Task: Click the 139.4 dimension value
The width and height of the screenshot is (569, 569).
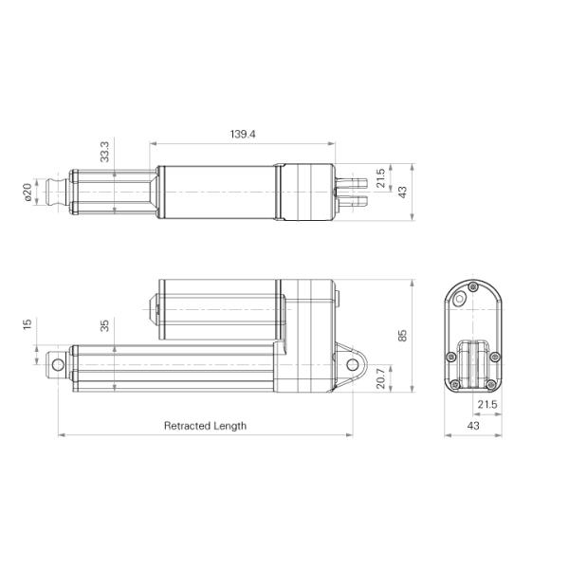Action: pyautogui.click(x=242, y=135)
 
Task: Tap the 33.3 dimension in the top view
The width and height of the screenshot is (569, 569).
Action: pyautogui.click(x=104, y=151)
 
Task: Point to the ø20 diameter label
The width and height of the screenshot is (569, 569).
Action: pyautogui.click(x=28, y=193)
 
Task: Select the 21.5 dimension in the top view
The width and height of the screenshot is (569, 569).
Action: pyautogui.click(x=381, y=179)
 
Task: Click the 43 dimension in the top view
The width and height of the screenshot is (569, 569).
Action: pyautogui.click(x=402, y=192)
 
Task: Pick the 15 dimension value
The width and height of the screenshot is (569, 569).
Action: pyautogui.click(x=28, y=324)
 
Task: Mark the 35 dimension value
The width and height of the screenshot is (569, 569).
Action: pyautogui.click(x=104, y=324)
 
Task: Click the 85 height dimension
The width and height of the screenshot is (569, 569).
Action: pyautogui.click(x=402, y=336)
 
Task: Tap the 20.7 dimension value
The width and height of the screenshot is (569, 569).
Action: pyautogui.click(x=380, y=376)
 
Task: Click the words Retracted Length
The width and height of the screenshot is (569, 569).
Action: pyautogui.click(x=205, y=426)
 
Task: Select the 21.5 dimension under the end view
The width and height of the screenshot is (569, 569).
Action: pyautogui.click(x=486, y=405)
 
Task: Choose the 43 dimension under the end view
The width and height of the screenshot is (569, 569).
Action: pyautogui.click(x=472, y=426)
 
